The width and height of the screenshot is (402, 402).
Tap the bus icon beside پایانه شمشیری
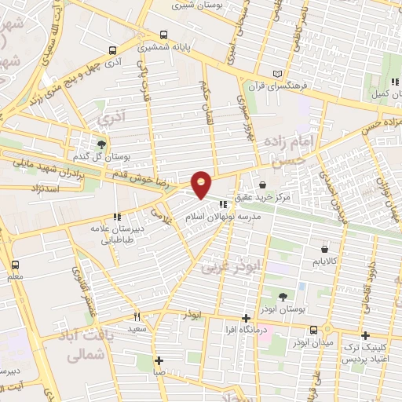163,35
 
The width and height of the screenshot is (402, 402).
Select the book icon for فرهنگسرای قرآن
276,75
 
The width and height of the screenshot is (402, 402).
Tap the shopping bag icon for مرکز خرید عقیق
261,185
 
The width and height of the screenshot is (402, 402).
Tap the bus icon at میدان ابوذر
313,329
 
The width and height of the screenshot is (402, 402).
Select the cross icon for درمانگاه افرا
247,319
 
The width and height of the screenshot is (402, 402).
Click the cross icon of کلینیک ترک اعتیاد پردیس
364,335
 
